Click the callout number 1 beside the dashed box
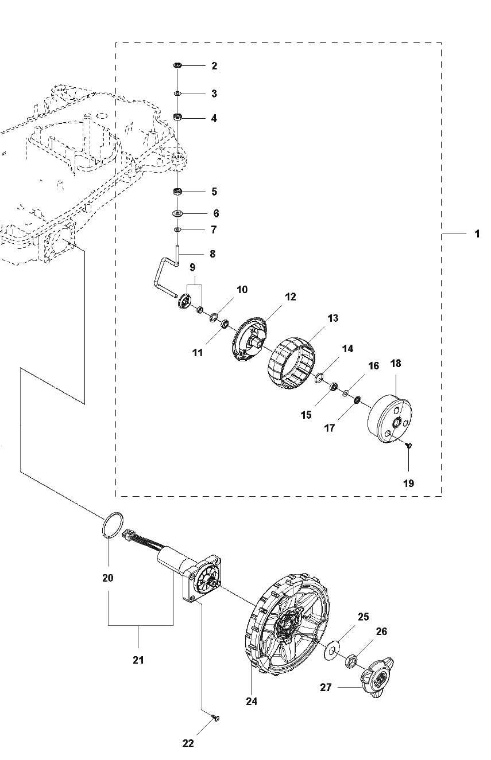[x=477, y=234]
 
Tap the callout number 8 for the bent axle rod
[x=212, y=254]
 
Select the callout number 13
[x=333, y=318]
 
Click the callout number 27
[x=326, y=687]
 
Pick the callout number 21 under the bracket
[x=138, y=660]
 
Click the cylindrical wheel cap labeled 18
[x=390, y=419]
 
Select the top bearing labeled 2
[x=177, y=65]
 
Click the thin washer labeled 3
[x=177, y=93]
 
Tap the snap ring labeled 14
[x=319, y=377]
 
